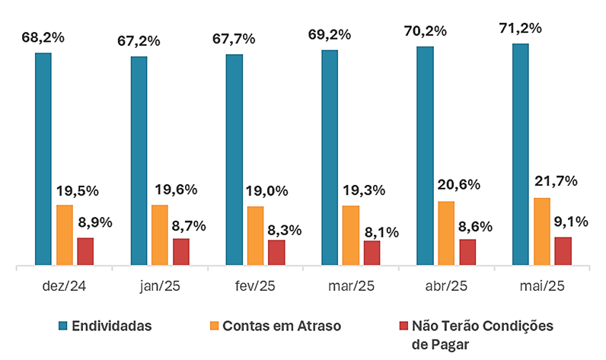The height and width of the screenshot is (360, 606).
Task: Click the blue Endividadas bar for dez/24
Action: click(x=43, y=159)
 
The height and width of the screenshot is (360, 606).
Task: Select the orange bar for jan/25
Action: click(x=159, y=235)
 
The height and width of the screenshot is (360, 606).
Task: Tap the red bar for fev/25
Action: click(x=276, y=253)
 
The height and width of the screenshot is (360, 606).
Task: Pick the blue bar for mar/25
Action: click(x=330, y=158)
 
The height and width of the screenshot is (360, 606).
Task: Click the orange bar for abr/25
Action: click(x=445, y=234)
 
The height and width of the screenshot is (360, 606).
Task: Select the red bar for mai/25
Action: click(x=563, y=251)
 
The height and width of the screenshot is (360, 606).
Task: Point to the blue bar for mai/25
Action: click(x=521, y=155)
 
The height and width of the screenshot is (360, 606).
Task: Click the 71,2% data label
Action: click(x=520, y=29)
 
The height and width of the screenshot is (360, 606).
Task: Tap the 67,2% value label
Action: click(x=139, y=41)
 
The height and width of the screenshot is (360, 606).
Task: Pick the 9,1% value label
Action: click(x=572, y=222)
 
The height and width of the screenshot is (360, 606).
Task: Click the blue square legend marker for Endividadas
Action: click(x=64, y=326)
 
